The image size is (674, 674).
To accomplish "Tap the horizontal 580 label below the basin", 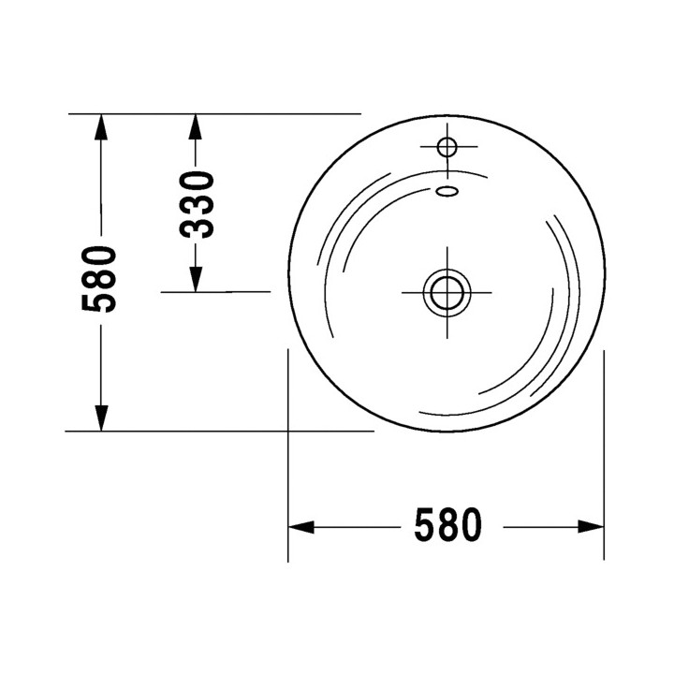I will coord(447,527).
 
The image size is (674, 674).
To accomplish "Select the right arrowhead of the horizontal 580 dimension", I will coord(592,527).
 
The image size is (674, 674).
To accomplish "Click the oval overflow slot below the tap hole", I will coord(447,191).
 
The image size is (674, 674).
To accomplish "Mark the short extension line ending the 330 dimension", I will coord(215,292).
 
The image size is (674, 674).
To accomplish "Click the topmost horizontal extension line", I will coord(215,113).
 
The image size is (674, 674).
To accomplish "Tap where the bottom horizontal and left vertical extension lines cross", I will coord(287,432).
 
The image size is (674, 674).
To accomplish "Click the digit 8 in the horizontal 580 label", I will coord(447,527).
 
